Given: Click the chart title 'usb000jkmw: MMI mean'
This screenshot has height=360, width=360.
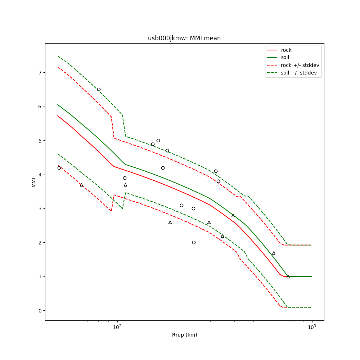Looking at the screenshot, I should [x=184, y=38].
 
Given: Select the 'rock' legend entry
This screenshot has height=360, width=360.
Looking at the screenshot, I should [x=286, y=50].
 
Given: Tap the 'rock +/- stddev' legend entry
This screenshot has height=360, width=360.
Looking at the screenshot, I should [x=300, y=65].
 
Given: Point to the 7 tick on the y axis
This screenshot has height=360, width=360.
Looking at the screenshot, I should [x=40, y=73].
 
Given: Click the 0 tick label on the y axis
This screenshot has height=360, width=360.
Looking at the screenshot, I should [x=40, y=311].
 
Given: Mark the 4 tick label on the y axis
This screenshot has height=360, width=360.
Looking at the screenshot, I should [x=40, y=175].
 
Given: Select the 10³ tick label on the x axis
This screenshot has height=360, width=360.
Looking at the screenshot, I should [x=312, y=327].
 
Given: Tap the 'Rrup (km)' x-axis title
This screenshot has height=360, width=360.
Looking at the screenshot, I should [x=184, y=335].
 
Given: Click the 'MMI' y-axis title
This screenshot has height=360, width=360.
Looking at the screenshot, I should [x=33, y=182].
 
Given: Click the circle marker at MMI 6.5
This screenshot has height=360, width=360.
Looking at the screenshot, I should [x=99, y=89].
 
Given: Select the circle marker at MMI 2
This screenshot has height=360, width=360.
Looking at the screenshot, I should [x=194, y=242].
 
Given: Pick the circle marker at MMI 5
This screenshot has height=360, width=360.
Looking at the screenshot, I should [x=158, y=140].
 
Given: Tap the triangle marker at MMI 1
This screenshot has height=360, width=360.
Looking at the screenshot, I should [x=288, y=276].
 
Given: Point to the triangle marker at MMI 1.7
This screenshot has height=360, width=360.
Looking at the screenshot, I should [x=274, y=253].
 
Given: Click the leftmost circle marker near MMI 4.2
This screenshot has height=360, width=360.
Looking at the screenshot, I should [x=59, y=168].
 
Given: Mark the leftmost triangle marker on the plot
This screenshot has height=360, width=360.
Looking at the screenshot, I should [x=81, y=185].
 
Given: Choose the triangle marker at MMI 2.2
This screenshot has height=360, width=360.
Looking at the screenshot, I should [x=222, y=236].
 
